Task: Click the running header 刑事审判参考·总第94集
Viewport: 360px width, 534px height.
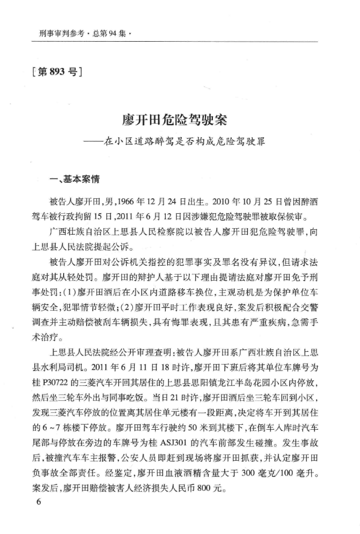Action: [x=85, y=33]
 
